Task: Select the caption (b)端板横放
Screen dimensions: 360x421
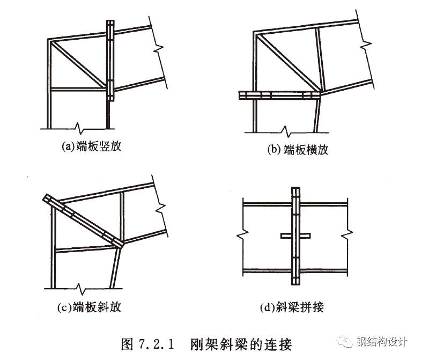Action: point(298,150)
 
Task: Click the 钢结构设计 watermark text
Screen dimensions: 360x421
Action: point(385,342)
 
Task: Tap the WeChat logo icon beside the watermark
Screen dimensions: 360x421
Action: point(352,342)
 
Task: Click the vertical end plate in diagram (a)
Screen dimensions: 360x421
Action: point(110,61)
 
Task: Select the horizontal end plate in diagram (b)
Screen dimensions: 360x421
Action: point(278,95)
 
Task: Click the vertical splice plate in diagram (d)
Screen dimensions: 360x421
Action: point(294,236)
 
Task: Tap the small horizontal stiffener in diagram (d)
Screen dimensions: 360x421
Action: point(294,236)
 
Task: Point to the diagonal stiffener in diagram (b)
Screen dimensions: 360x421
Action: point(287,63)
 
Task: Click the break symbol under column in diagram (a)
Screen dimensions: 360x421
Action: point(79,128)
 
